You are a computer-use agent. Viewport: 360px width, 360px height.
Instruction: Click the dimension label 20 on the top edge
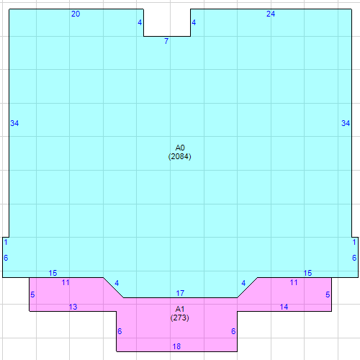pyautogui.click(x=76, y=14)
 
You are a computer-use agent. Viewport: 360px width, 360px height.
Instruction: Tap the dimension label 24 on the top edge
pyautogui.click(x=271, y=14)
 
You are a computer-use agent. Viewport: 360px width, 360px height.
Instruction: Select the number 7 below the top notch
pyautogui.click(x=166, y=41)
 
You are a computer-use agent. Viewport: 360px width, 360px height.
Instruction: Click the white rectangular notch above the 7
pyautogui.click(x=167, y=22)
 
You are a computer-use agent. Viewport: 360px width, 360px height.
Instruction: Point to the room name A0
pyautogui.click(x=180, y=148)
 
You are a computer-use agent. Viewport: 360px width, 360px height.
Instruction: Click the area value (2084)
pyautogui.click(x=180, y=156)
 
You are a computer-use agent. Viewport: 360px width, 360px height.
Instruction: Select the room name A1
pyautogui.click(x=180, y=308)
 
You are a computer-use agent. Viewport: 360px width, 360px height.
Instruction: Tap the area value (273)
pyautogui.click(x=180, y=317)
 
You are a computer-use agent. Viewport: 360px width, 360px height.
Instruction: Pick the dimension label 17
pyautogui.click(x=181, y=293)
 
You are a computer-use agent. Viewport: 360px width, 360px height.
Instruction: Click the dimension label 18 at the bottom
pyautogui.click(x=176, y=347)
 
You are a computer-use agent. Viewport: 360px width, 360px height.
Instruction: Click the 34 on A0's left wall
pyautogui.click(x=14, y=123)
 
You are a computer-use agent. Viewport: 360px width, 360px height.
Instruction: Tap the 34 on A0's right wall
pyautogui.click(x=346, y=123)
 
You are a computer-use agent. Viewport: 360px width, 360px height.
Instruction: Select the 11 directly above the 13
pyautogui.click(x=66, y=282)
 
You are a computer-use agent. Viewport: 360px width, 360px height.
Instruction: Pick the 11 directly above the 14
pyautogui.click(x=294, y=282)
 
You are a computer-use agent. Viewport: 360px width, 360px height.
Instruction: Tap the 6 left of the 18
pyautogui.click(x=120, y=331)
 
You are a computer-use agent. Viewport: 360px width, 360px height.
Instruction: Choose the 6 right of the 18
pyautogui.click(x=233, y=331)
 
